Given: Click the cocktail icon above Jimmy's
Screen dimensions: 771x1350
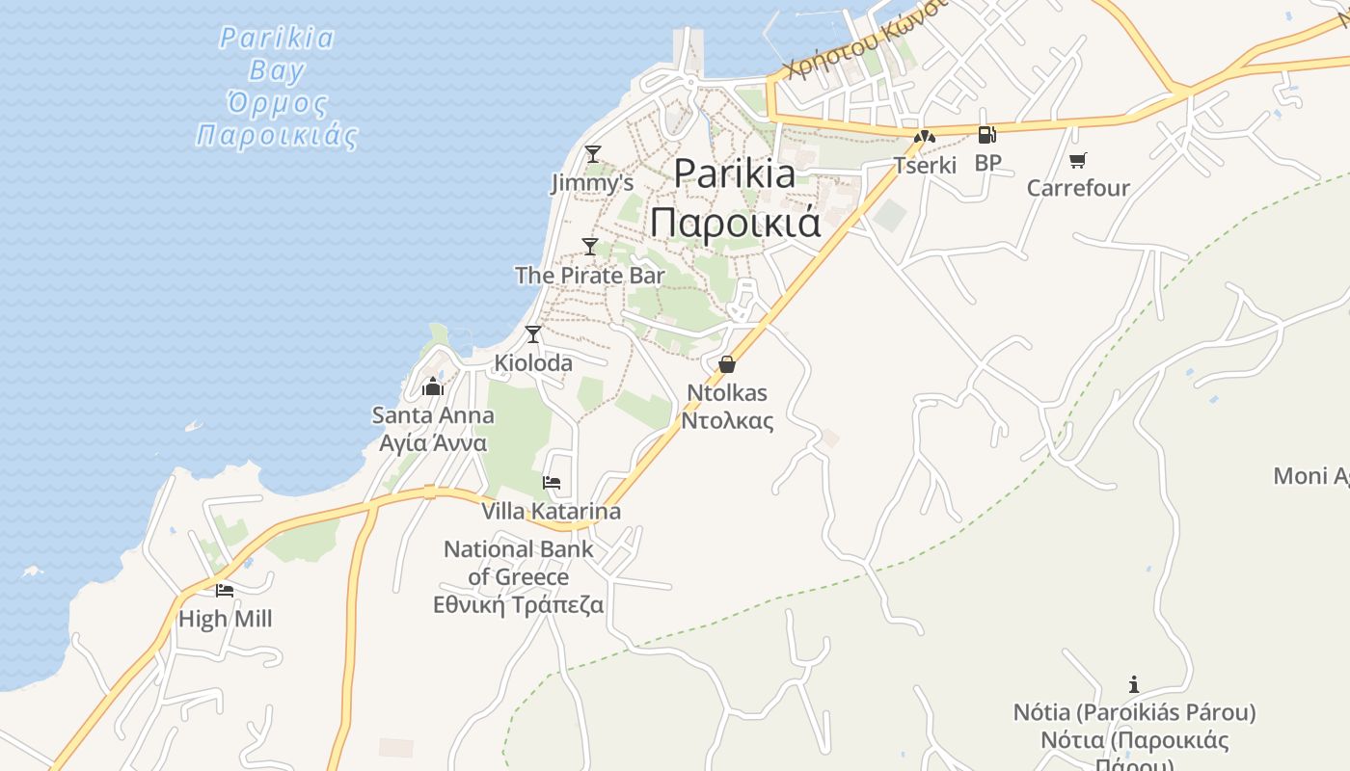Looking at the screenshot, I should (593, 153).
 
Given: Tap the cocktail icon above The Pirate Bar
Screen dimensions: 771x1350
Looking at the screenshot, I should (590, 246).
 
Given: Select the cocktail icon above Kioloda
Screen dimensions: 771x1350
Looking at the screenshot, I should (533, 333).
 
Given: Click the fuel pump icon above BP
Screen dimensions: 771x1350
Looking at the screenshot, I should (986, 135).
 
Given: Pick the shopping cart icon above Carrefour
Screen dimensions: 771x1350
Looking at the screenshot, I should (1077, 160).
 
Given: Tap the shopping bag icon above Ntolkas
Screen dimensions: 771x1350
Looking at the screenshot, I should (727, 364).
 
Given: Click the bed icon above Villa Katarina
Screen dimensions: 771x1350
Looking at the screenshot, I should (552, 482).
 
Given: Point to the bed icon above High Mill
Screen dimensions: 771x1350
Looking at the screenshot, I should (225, 590).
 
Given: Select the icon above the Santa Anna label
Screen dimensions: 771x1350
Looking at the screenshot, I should (433, 387).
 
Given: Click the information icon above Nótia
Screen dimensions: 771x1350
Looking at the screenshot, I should (1134, 685).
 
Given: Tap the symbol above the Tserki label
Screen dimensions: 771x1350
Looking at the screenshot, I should (925, 137).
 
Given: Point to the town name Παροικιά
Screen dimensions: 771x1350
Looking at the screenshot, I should (735, 222).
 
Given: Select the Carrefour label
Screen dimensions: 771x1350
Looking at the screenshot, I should (1078, 188).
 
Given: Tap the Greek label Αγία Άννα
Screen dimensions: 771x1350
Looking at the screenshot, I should (433, 443).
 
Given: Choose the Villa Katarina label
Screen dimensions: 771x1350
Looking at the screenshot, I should (552, 511).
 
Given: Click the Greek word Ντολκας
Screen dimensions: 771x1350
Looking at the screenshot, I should (727, 420).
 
